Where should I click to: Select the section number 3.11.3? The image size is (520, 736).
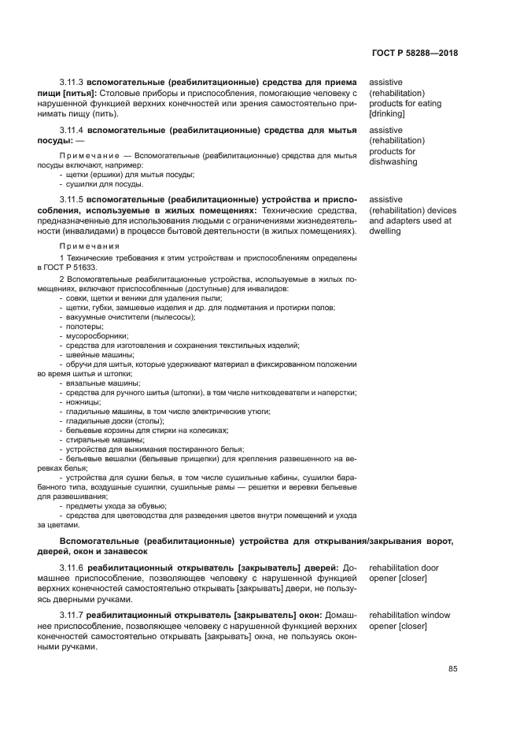72,82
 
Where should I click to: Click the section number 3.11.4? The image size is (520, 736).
72,130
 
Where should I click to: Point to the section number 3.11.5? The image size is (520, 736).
72,200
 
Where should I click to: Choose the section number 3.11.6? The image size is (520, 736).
72,568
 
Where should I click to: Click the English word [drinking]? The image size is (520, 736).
386,113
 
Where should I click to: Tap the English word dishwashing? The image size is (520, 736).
393,161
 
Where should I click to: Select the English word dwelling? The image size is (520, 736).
386,231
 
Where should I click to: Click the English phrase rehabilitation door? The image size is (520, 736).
404,568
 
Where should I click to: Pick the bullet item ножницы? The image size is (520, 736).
83,401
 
